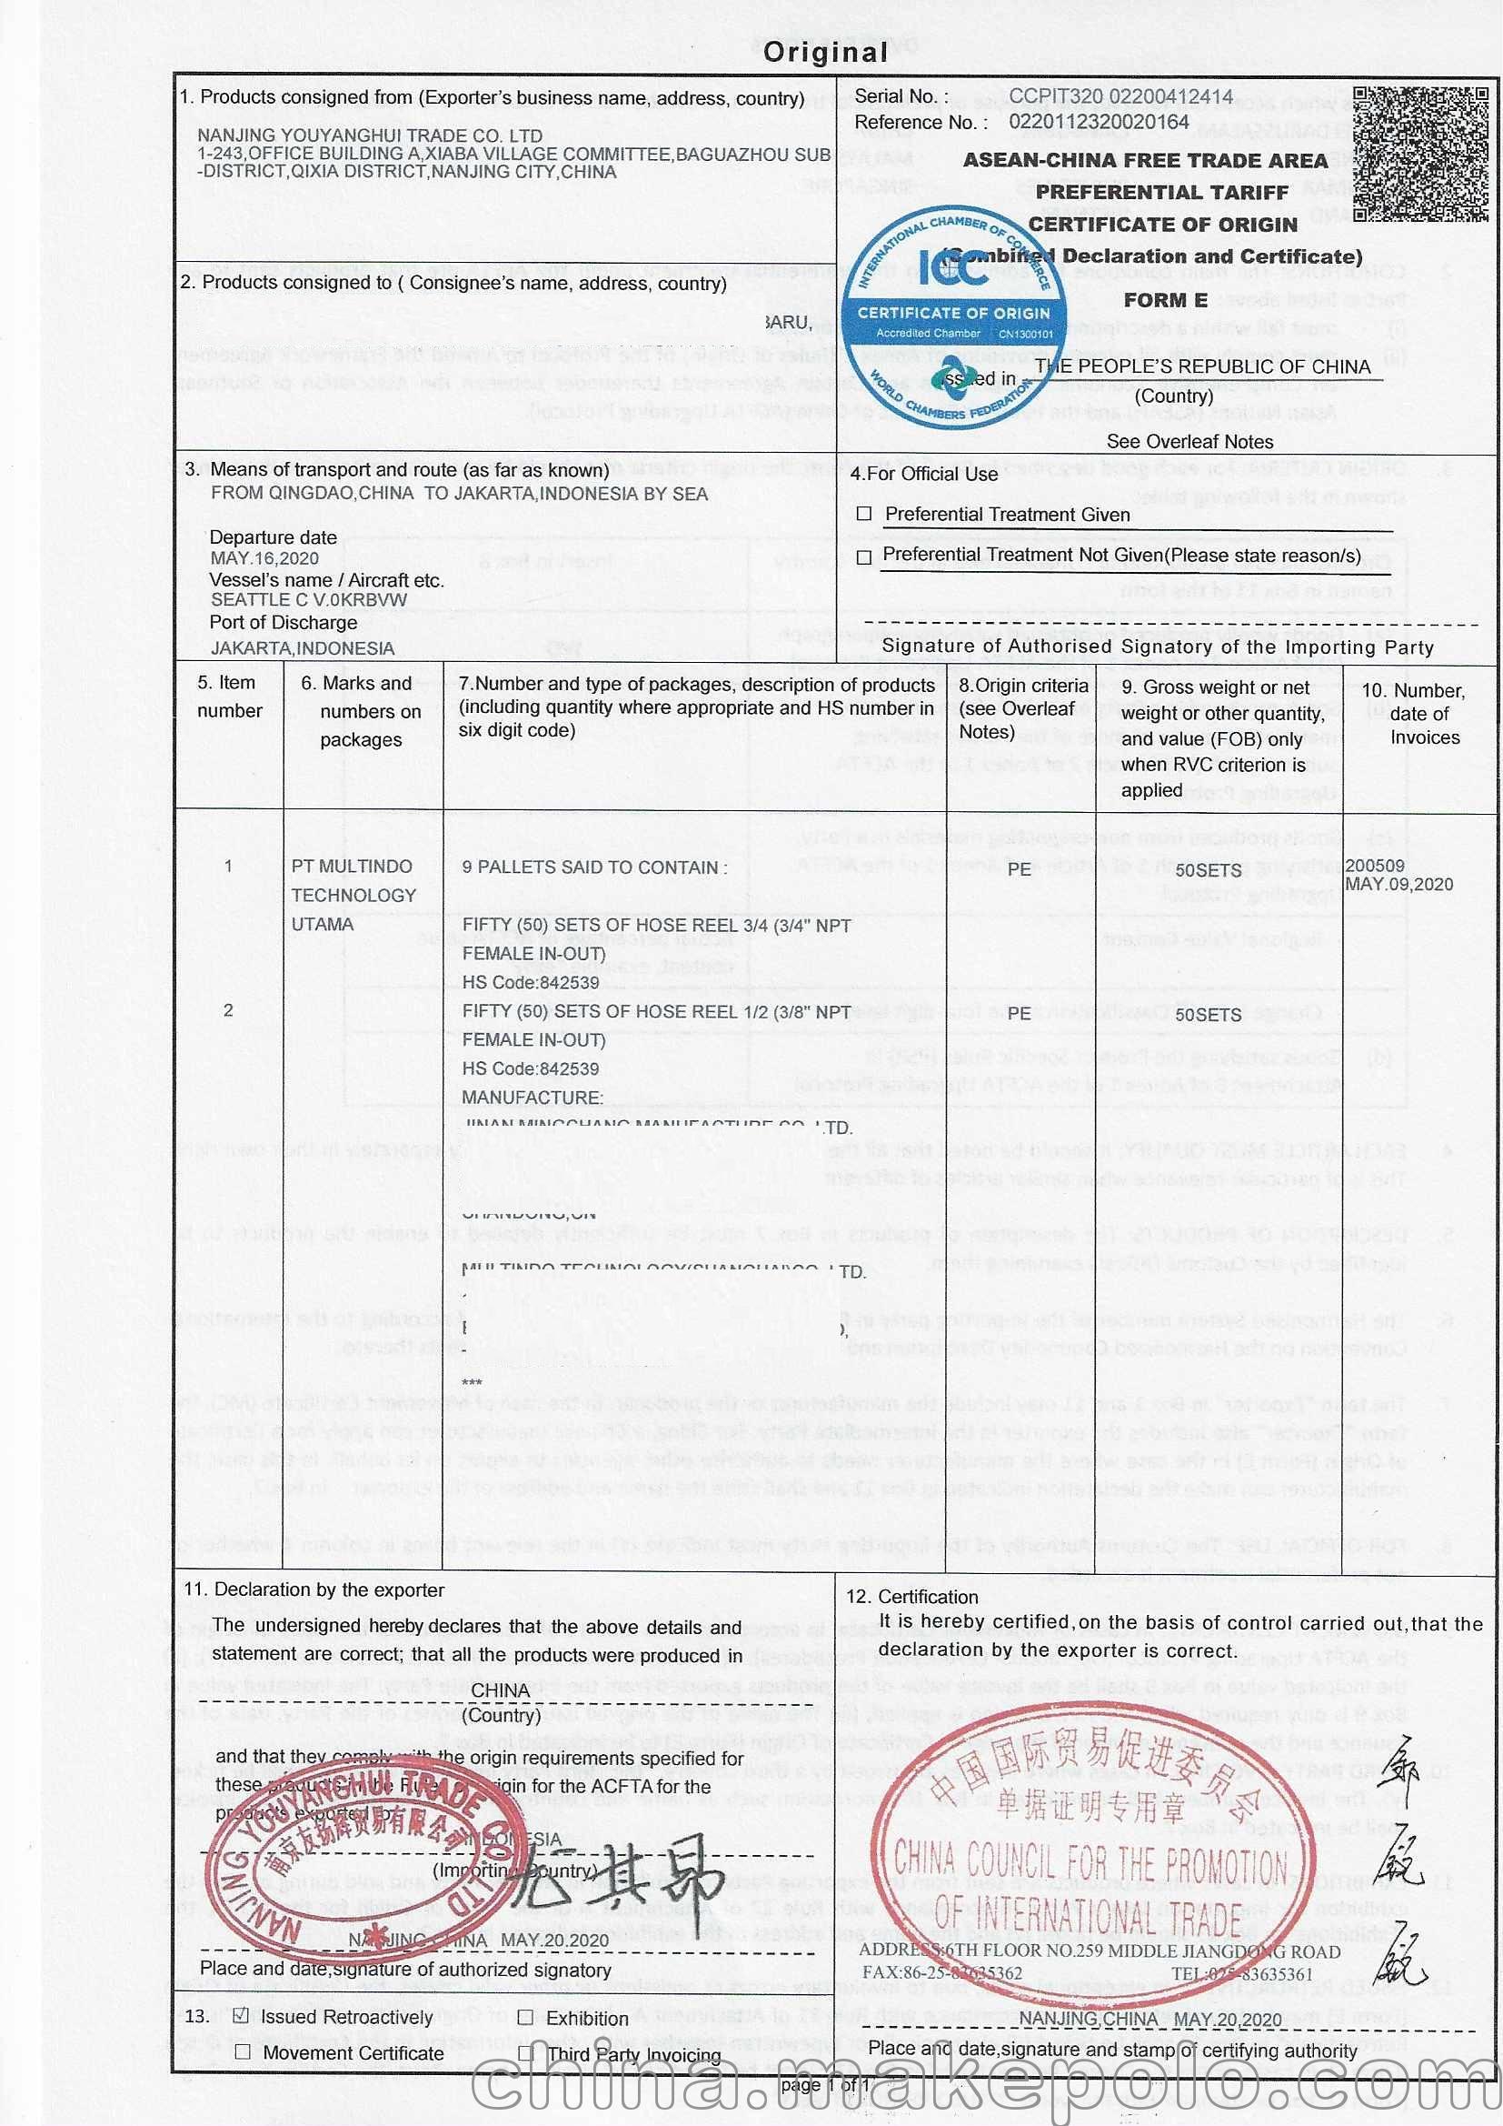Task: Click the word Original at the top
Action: tap(824, 53)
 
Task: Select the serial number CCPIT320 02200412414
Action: tap(1120, 96)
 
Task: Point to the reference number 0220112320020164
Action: tap(1099, 122)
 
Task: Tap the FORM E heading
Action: tap(1165, 300)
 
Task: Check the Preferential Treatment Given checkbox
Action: tap(864, 514)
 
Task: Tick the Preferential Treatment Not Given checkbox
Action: tap(864, 557)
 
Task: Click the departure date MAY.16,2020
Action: tap(264, 558)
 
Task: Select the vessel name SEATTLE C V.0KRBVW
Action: tap(308, 600)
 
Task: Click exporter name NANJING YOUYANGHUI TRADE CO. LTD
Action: tap(369, 136)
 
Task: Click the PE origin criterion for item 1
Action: tap(1019, 869)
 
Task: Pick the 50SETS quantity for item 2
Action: tap(1208, 1015)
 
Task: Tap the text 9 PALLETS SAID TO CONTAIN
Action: tap(594, 867)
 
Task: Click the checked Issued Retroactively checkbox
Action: tap(242, 2016)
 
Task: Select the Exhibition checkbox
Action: tap(525, 2017)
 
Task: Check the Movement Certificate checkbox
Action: tap(242, 2053)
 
